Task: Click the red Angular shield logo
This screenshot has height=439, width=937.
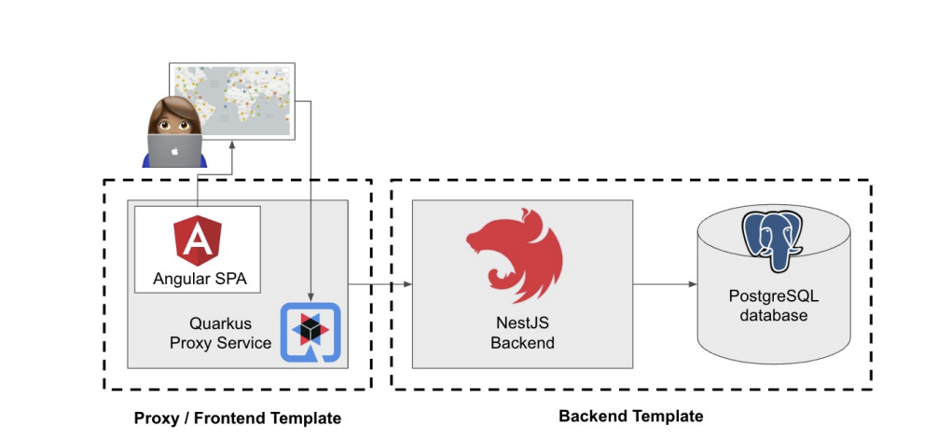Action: click(x=197, y=237)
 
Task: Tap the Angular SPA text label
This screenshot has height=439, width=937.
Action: click(x=197, y=278)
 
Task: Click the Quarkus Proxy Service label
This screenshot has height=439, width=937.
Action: click(x=220, y=333)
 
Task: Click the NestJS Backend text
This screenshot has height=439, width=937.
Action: click(x=522, y=334)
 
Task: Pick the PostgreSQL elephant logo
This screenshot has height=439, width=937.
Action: click(x=774, y=240)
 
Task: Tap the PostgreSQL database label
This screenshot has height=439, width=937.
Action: click(x=774, y=307)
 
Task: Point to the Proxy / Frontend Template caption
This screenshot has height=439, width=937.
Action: click(x=238, y=418)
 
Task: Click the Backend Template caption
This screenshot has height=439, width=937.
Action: click(x=631, y=416)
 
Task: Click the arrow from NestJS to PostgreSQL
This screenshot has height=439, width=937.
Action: click(x=665, y=283)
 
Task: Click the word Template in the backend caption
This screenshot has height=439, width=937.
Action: click(x=665, y=416)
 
